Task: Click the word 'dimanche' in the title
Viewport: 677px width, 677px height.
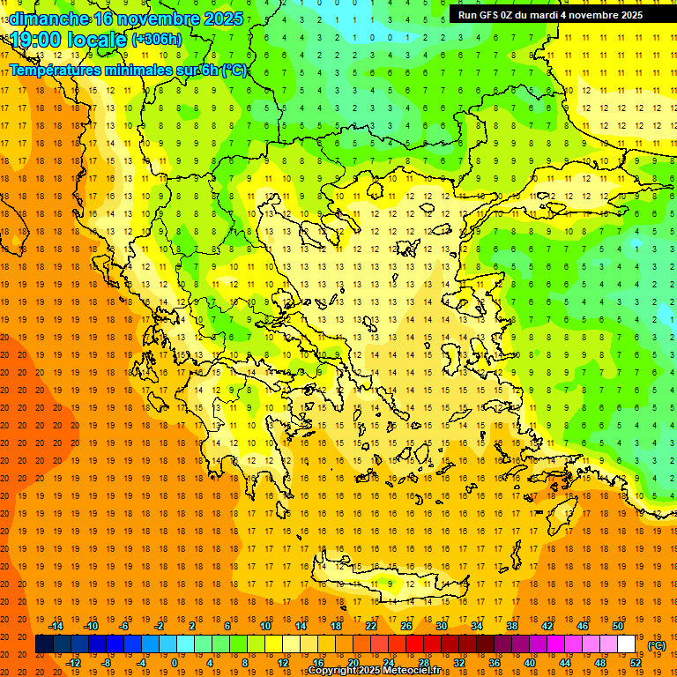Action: coord(48,19)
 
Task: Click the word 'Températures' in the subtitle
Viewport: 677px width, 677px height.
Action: coord(57,70)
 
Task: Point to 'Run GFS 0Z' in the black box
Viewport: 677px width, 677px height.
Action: coord(488,15)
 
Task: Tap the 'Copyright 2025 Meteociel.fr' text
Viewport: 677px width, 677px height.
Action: coord(386,671)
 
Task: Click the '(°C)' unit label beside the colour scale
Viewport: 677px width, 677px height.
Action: coord(656,645)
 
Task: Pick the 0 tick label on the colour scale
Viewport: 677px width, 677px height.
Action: coord(175,663)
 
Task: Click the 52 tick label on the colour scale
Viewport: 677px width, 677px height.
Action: coord(636,663)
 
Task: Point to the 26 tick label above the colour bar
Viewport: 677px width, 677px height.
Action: coord(406,626)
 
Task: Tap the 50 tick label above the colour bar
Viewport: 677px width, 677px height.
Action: coord(618,626)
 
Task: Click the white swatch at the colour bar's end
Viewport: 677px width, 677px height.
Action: coord(627,644)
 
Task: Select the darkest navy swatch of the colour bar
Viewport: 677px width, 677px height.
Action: coord(45,644)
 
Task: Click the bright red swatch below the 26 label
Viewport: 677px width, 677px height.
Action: coord(415,644)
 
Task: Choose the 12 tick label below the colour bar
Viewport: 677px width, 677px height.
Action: coord(283,663)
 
